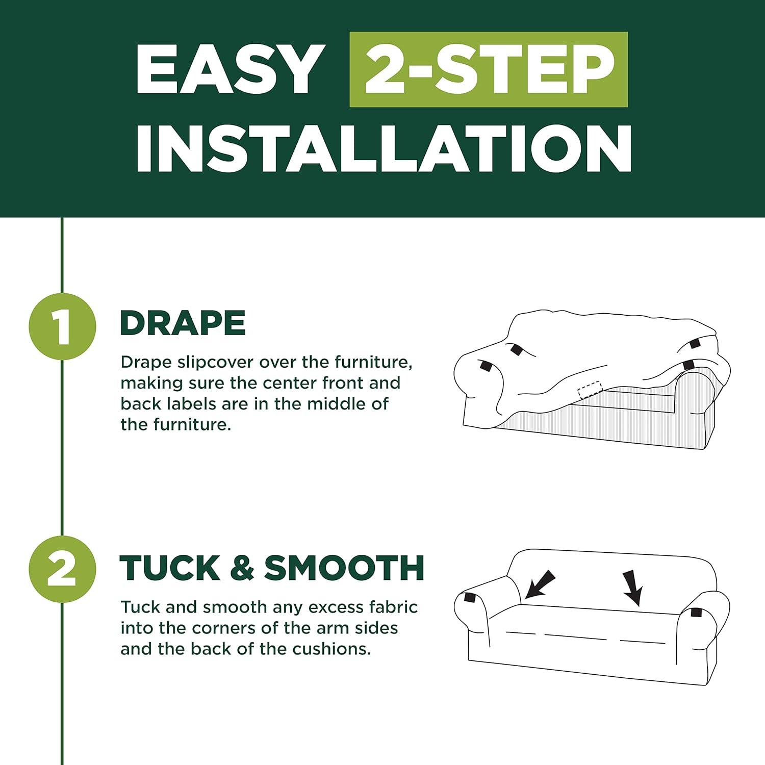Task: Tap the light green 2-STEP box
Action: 489,69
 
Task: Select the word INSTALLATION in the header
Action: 384,147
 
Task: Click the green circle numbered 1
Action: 63,327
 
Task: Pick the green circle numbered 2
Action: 63,570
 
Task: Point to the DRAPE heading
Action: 183,323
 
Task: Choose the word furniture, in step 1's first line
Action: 373,363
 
